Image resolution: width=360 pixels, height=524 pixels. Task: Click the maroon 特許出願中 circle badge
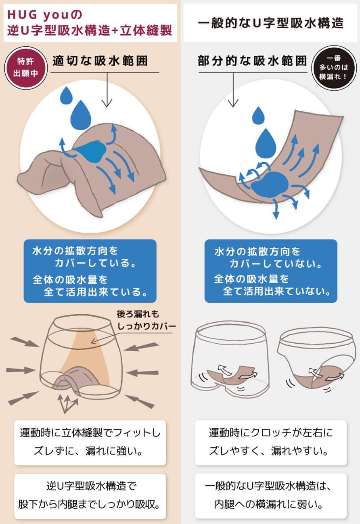coord(26,68)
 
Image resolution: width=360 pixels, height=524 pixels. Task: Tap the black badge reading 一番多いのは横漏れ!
coord(334,67)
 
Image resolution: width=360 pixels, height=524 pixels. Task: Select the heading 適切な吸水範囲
coord(100,61)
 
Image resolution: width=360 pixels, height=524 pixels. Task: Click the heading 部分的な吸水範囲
coord(252,61)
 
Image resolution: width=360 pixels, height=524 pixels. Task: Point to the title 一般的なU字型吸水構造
coord(270,23)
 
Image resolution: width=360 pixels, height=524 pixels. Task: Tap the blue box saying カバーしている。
coord(90,271)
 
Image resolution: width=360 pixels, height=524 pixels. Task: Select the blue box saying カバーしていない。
coord(271,271)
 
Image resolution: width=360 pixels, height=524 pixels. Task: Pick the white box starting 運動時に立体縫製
coord(90,443)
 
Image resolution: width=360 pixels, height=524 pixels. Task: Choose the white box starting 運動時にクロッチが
coord(271,443)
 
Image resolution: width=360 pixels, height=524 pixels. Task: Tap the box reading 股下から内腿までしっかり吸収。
coord(90,496)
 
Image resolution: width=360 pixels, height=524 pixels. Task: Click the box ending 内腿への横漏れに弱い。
coord(271,496)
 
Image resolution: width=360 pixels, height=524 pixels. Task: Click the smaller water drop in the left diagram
coord(66,96)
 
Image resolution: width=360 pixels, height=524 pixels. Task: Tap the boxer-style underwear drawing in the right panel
coord(230,359)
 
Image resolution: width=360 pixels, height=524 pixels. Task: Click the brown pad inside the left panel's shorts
coord(75,377)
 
